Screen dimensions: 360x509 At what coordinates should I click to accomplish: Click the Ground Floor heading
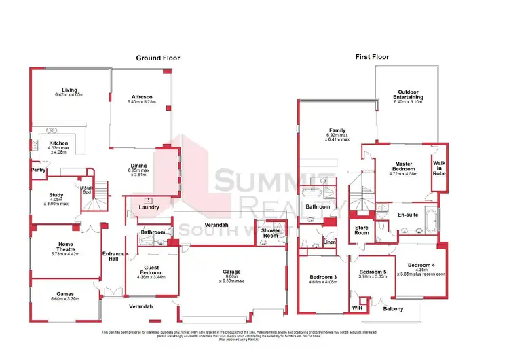(x=158, y=58)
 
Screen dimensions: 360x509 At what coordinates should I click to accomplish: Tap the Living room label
(x=69, y=90)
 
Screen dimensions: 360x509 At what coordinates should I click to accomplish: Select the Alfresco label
(x=142, y=96)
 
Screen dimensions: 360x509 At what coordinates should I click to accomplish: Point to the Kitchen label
(x=58, y=143)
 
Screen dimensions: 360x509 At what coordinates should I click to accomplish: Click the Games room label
(x=64, y=294)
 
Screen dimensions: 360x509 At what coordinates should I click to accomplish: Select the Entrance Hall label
(x=113, y=257)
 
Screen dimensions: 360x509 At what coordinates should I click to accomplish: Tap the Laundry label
(x=148, y=207)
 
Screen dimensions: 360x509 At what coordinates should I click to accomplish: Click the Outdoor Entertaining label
(x=410, y=94)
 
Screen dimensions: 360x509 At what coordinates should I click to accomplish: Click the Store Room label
(x=362, y=230)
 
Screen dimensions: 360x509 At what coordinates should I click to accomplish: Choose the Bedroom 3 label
(x=324, y=278)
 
